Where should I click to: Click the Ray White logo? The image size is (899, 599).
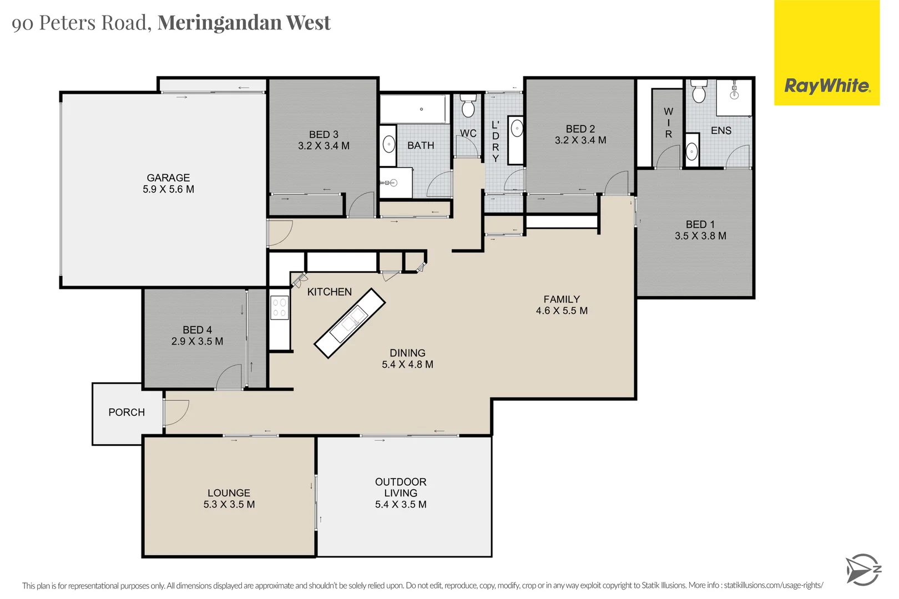tap(826, 86)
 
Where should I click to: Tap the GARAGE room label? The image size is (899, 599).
tap(168, 177)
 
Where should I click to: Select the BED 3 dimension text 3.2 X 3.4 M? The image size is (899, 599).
tap(324, 146)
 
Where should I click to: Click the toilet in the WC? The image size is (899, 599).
tap(468, 106)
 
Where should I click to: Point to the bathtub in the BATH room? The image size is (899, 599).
tap(414, 109)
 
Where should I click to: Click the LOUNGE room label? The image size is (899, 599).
tap(229, 493)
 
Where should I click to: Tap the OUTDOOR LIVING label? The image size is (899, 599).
tap(401, 487)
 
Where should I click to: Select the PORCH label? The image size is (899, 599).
tap(127, 412)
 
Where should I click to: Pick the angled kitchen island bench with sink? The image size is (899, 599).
tap(350, 323)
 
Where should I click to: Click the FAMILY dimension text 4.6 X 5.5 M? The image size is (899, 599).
tap(562, 311)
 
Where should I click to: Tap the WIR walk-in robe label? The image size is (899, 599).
tap(668, 123)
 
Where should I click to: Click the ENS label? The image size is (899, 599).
tap(721, 130)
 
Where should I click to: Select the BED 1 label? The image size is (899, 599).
tap(700, 224)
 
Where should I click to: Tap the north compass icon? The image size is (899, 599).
tap(862, 570)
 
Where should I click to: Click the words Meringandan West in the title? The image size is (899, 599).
tap(244, 22)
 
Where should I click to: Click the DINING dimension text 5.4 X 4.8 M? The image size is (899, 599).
tap(407, 364)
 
